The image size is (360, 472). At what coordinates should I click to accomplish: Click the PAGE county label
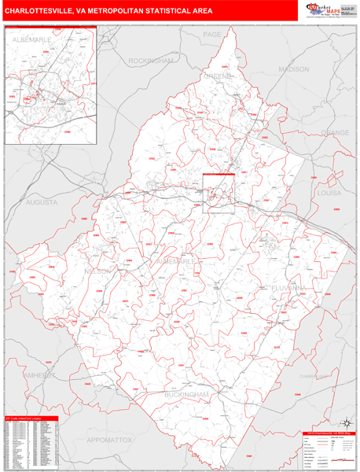point(212,35)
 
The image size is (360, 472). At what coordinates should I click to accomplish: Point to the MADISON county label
point(294,69)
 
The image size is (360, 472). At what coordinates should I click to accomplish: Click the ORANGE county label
point(333,133)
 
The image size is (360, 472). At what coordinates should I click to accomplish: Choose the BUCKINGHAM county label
point(188,393)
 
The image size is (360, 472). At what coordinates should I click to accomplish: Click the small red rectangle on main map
point(219,193)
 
